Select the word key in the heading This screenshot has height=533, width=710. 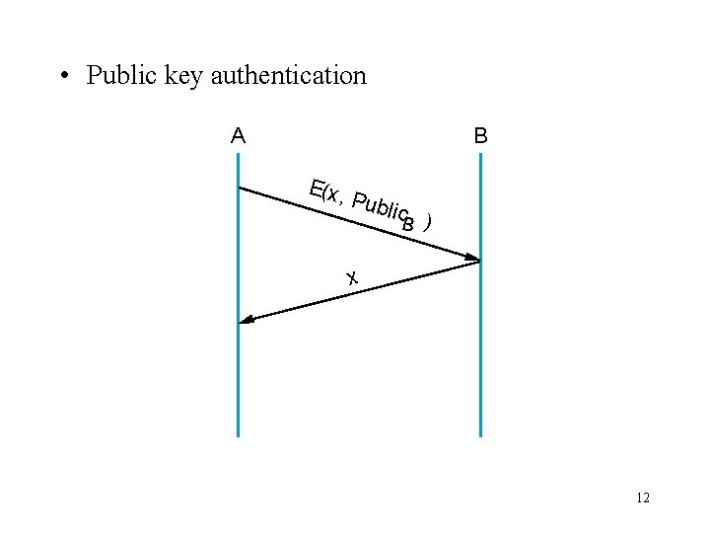[x=183, y=76]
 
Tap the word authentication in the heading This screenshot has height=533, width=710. [x=288, y=75]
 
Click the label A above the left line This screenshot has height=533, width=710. [x=238, y=135]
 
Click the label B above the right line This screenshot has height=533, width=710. [x=480, y=135]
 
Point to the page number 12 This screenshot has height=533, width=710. [x=643, y=498]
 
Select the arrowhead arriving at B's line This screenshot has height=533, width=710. [x=472, y=260]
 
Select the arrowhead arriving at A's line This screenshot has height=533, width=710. [x=248, y=320]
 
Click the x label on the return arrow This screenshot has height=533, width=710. [x=351, y=277]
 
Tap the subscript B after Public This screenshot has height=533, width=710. [x=408, y=224]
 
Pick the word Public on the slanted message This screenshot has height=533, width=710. [x=380, y=206]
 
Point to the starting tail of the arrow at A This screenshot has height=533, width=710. [x=242, y=188]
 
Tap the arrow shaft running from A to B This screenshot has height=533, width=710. [x=296, y=205]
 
